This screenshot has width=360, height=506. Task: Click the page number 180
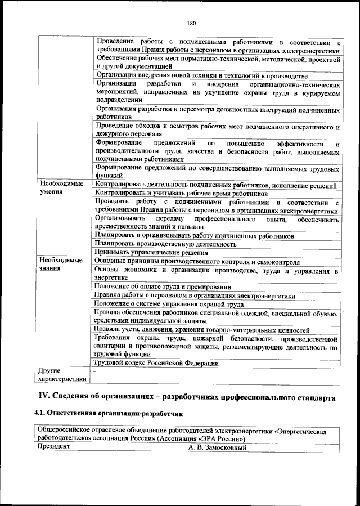[x=191, y=23]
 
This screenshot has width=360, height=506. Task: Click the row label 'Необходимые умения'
[x=61, y=188]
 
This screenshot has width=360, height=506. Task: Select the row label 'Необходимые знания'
[x=61, y=265]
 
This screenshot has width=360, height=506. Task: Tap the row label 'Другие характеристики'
[x=63, y=375]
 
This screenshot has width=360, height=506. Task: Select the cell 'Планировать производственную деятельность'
[x=165, y=244]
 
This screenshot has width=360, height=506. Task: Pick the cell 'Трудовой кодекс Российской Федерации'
[x=157, y=363]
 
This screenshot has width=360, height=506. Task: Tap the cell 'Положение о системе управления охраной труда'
[x=169, y=305]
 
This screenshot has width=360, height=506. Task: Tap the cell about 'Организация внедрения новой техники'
[x=201, y=75]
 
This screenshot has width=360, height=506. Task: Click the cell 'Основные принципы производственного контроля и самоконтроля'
[x=197, y=262]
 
